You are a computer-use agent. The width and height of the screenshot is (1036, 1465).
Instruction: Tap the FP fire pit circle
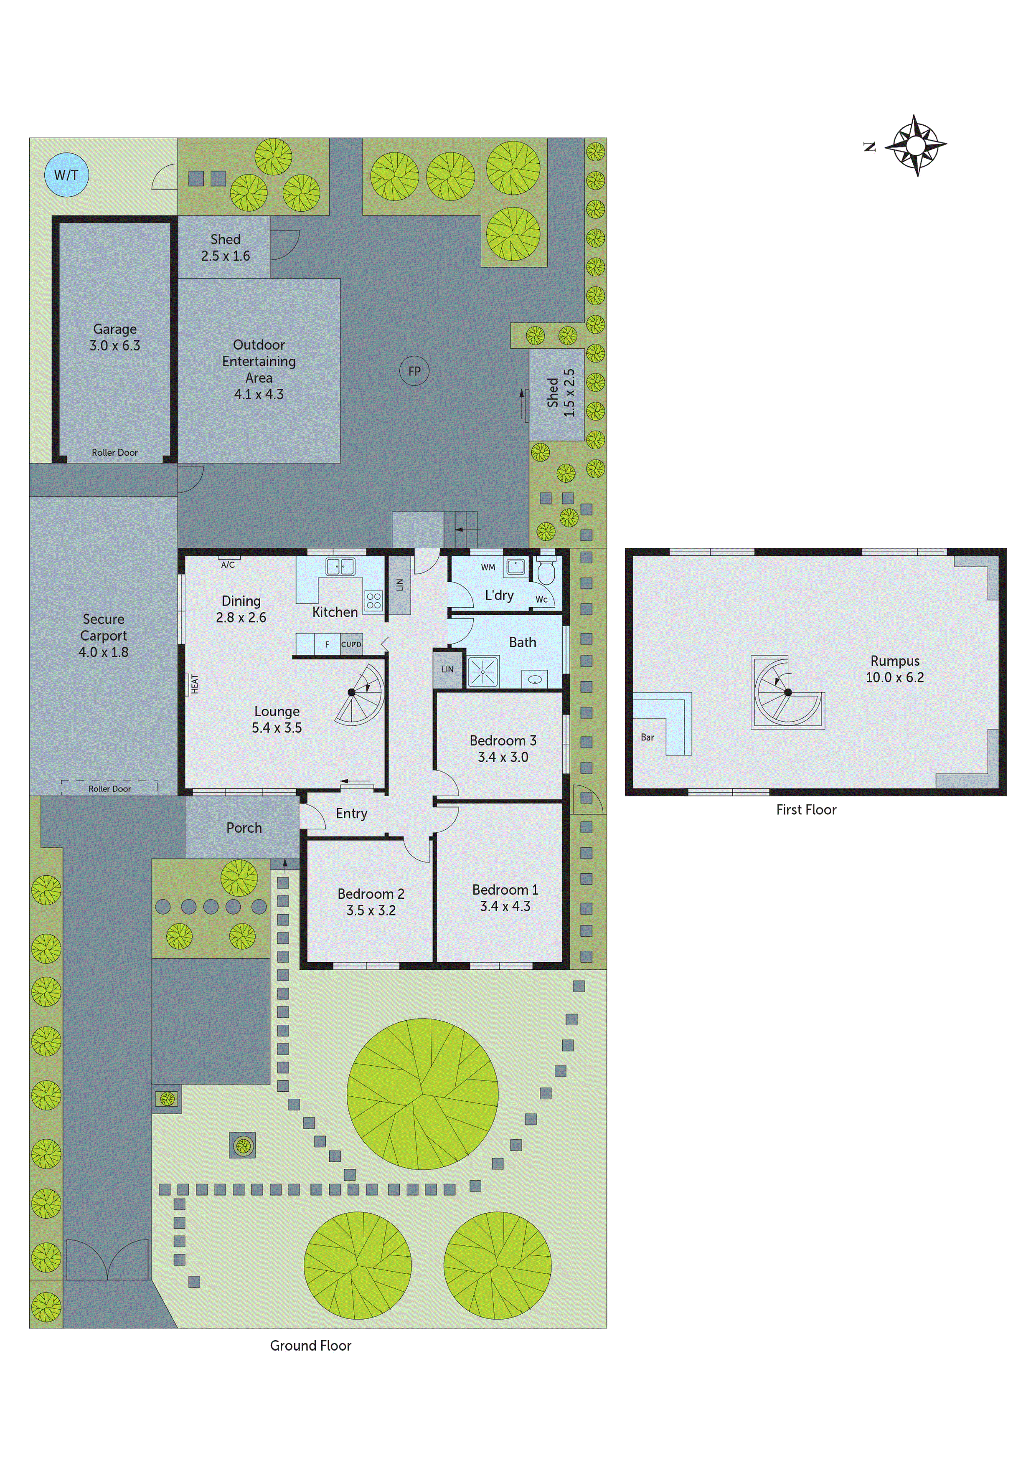coord(414,371)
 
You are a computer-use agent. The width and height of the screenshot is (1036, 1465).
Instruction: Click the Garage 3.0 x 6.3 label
coord(115,337)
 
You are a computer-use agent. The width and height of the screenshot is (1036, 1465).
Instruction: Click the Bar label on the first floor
coord(647,737)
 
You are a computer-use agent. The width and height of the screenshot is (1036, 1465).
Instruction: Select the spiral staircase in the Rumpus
coord(787,692)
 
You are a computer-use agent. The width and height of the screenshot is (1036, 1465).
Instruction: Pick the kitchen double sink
coord(340,566)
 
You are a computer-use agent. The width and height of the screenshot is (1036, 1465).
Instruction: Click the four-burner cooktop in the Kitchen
coord(373,601)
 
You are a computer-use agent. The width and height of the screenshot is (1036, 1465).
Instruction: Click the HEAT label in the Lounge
coord(195,684)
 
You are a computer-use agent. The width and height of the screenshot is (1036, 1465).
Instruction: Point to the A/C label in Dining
coord(228,565)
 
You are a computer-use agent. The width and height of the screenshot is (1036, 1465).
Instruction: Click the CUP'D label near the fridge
coord(351,644)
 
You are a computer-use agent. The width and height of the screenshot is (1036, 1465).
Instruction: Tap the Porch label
coord(244,828)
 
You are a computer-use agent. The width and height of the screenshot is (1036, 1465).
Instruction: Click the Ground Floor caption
coord(310,1345)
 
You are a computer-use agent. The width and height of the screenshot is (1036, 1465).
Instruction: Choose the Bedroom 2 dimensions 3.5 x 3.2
coord(371,910)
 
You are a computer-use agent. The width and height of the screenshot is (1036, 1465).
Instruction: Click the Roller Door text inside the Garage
coord(114,452)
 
